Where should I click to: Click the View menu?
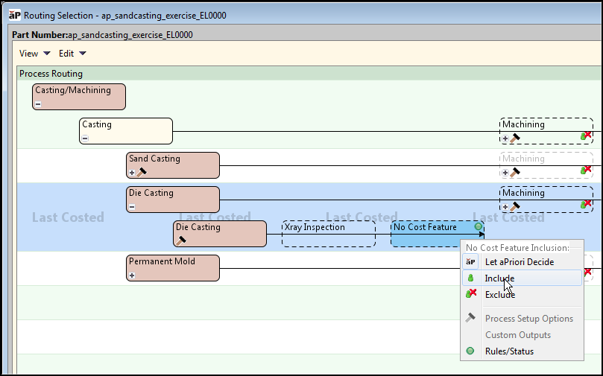[x=34, y=54]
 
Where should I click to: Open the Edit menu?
[x=72, y=54]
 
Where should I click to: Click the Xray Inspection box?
[x=329, y=234]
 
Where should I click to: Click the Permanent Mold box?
[x=173, y=268]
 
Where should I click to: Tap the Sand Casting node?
[x=173, y=165]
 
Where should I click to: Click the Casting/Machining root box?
[x=79, y=97]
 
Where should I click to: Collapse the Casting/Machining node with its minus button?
[x=38, y=104]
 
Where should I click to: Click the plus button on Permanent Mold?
[x=132, y=275]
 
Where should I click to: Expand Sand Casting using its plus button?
[x=132, y=173]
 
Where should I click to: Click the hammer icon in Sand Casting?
[x=142, y=173]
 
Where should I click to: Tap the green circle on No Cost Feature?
[x=479, y=226]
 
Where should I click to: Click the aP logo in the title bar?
[x=15, y=16]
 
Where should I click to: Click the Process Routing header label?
[x=51, y=74]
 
